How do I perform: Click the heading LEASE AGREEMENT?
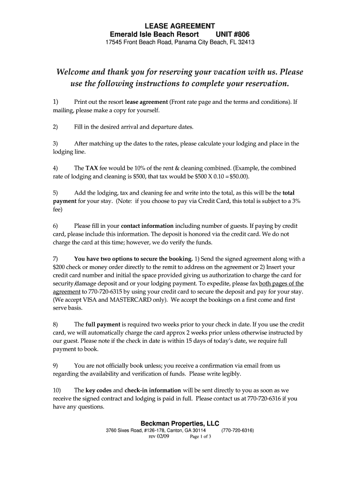pyautogui.click(x=180, y=26)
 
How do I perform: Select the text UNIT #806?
pyautogui.click(x=232, y=35)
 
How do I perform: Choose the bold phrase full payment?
pyautogui.click(x=102, y=324)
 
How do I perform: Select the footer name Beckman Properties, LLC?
pyautogui.click(x=180, y=423)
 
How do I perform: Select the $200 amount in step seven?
pyautogui.click(x=59, y=267)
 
